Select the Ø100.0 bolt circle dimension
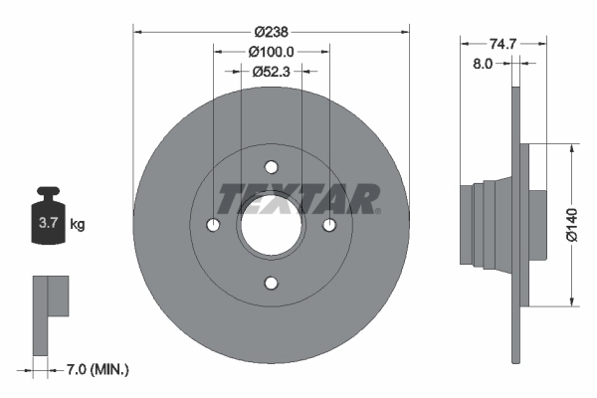pyautogui.click(x=272, y=51)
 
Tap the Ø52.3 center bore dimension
pyautogui.click(x=272, y=71)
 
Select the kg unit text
pyautogui.click(x=78, y=225)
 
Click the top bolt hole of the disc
pyautogui.click(x=271, y=167)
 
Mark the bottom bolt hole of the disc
pyautogui.click(x=271, y=283)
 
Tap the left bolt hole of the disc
pyautogui.click(x=213, y=225)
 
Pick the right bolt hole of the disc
pyautogui.click(x=328, y=225)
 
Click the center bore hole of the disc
pyautogui.click(x=271, y=225)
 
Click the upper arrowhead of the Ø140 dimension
pyautogui.click(x=570, y=148)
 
